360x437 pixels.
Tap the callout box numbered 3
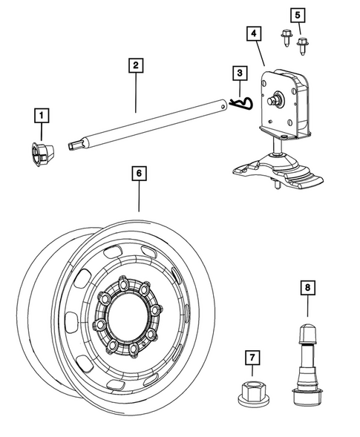pyautogui.click(x=239, y=73)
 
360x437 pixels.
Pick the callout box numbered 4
pyautogui.click(x=254, y=33)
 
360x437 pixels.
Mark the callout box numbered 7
pyautogui.click(x=252, y=358)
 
